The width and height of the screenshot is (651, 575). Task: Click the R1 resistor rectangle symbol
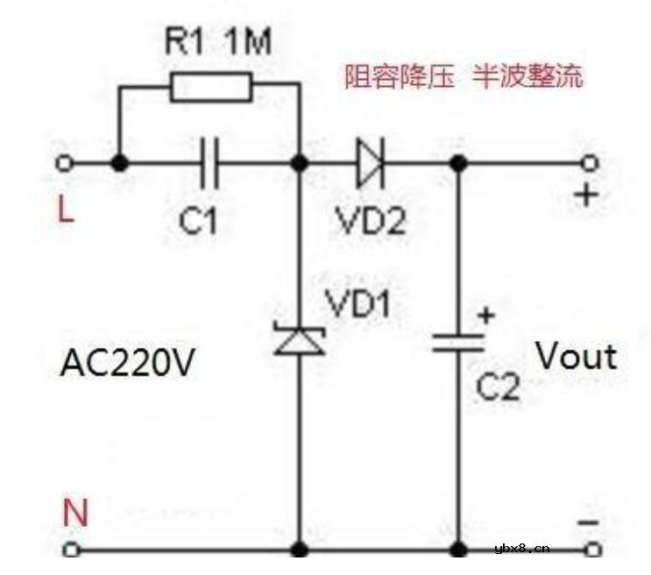pos(211,87)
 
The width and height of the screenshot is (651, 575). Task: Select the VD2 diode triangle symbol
pos(371,163)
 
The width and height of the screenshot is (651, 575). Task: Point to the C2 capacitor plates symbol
pos(458,344)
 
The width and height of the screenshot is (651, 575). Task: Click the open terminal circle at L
pos(64,163)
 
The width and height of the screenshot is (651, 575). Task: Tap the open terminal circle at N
pos(71,550)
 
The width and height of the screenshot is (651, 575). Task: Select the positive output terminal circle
pos(590,163)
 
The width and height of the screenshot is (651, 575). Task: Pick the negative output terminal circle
pos(593,550)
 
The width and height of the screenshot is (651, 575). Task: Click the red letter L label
pos(66,209)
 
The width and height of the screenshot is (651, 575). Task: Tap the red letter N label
pos(75,513)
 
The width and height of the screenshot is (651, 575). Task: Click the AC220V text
pos(127,363)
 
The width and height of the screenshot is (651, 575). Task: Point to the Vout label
pos(577,357)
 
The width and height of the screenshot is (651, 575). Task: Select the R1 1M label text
pos(218,40)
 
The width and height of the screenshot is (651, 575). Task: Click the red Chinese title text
pos(463,76)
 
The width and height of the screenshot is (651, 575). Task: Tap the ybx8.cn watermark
pos(522,549)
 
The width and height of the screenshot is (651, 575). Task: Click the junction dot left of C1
pos(120,163)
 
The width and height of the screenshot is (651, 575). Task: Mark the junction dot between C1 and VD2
pos(300,163)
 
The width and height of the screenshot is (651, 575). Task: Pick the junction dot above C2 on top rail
pos(458,163)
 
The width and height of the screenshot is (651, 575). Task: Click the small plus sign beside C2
pos(486,316)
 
